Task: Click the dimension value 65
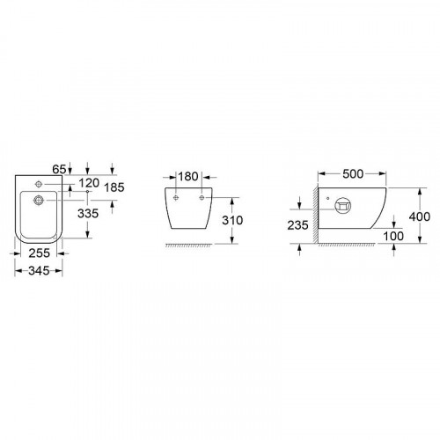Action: point(59,169)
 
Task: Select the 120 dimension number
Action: point(89,183)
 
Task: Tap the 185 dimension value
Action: point(114,187)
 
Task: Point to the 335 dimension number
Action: point(88,214)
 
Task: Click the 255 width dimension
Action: point(40,253)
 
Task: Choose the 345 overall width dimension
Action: point(39,271)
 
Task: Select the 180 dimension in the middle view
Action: point(188,177)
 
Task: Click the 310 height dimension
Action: point(232,220)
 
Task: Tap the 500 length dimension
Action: point(353,174)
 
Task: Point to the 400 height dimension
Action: point(420,216)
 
